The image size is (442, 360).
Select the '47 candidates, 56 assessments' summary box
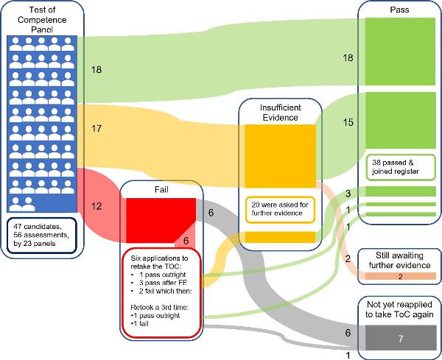click(41, 234)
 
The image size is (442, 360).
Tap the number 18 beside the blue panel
click(96, 70)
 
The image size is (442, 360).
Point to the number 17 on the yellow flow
click(96, 128)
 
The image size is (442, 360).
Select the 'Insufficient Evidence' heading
click(279, 112)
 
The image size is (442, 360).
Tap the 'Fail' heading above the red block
click(161, 190)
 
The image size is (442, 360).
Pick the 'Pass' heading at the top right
click(399, 9)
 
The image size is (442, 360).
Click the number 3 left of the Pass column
click(348, 194)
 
